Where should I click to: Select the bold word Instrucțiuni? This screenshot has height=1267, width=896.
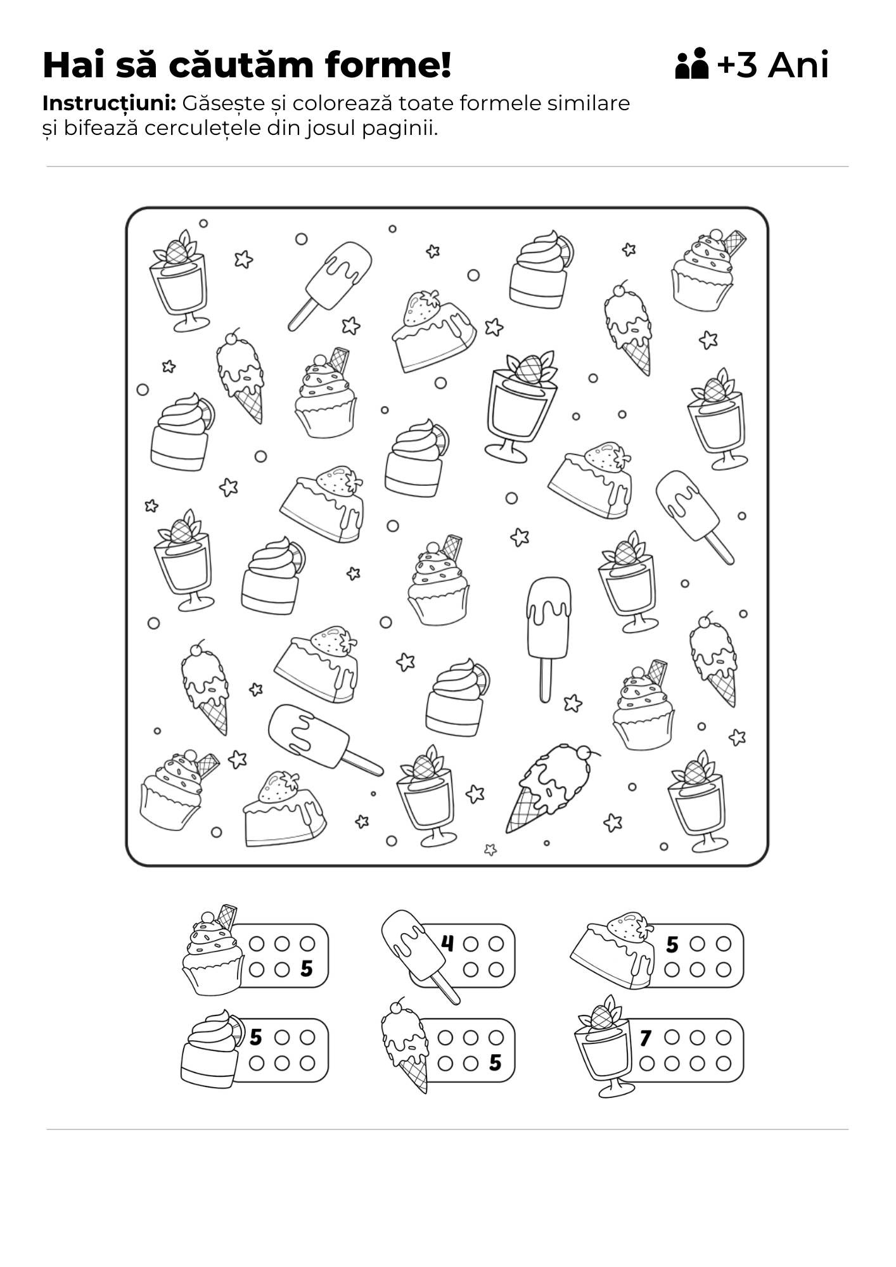point(109,103)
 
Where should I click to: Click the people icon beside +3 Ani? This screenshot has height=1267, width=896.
point(691,63)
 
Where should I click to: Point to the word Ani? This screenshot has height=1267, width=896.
point(798,65)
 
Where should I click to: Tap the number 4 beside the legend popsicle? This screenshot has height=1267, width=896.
point(447,943)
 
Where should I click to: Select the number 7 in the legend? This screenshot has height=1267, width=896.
point(646,1038)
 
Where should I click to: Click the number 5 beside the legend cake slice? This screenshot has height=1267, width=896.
point(672,945)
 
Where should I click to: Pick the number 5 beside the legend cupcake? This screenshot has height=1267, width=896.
point(307,969)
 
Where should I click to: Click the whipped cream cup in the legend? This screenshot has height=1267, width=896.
point(211,1049)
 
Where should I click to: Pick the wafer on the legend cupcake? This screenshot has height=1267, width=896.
point(227,915)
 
